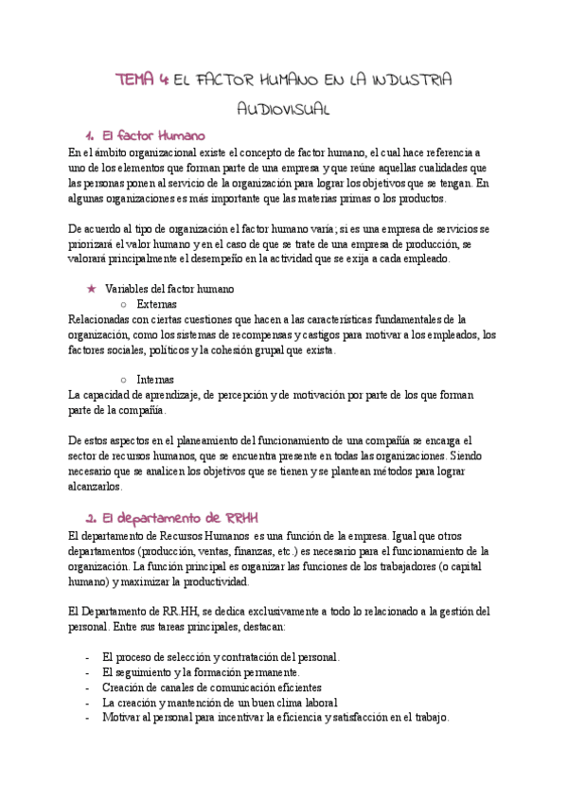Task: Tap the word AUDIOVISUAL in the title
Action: [283, 110]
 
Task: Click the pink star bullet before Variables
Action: [92, 289]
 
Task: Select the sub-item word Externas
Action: [156, 304]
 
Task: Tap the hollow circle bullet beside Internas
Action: [124, 380]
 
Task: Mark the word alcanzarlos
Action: [97, 487]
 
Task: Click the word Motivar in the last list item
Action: [124, 718]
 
